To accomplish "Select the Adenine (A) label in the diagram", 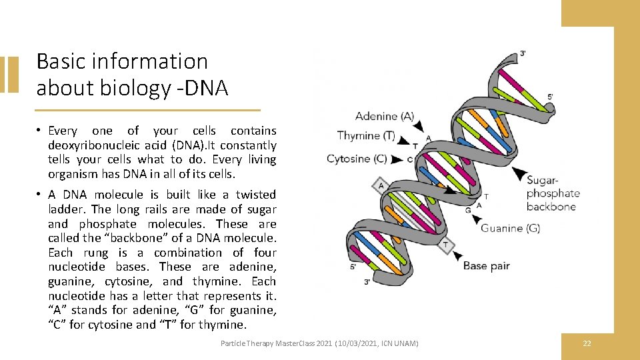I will [x=385, y=116].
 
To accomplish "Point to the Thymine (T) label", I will [x=366, y=136].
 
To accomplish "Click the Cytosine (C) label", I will [x=357, y=159].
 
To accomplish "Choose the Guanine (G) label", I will [x=511, y=228].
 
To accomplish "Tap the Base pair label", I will [x=486, y=265].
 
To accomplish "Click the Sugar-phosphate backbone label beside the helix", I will [x=553, y=193].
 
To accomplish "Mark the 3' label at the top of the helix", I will [x=523, y=53].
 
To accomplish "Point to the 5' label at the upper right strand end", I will [x=550, y=96].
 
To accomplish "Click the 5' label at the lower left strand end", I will [x=354, y=267].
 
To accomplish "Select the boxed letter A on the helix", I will [x=381, y=185].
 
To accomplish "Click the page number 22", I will [x=587, y=343].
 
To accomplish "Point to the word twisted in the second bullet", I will [x=256, y=195].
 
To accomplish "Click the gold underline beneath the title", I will [x=147, y=110].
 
